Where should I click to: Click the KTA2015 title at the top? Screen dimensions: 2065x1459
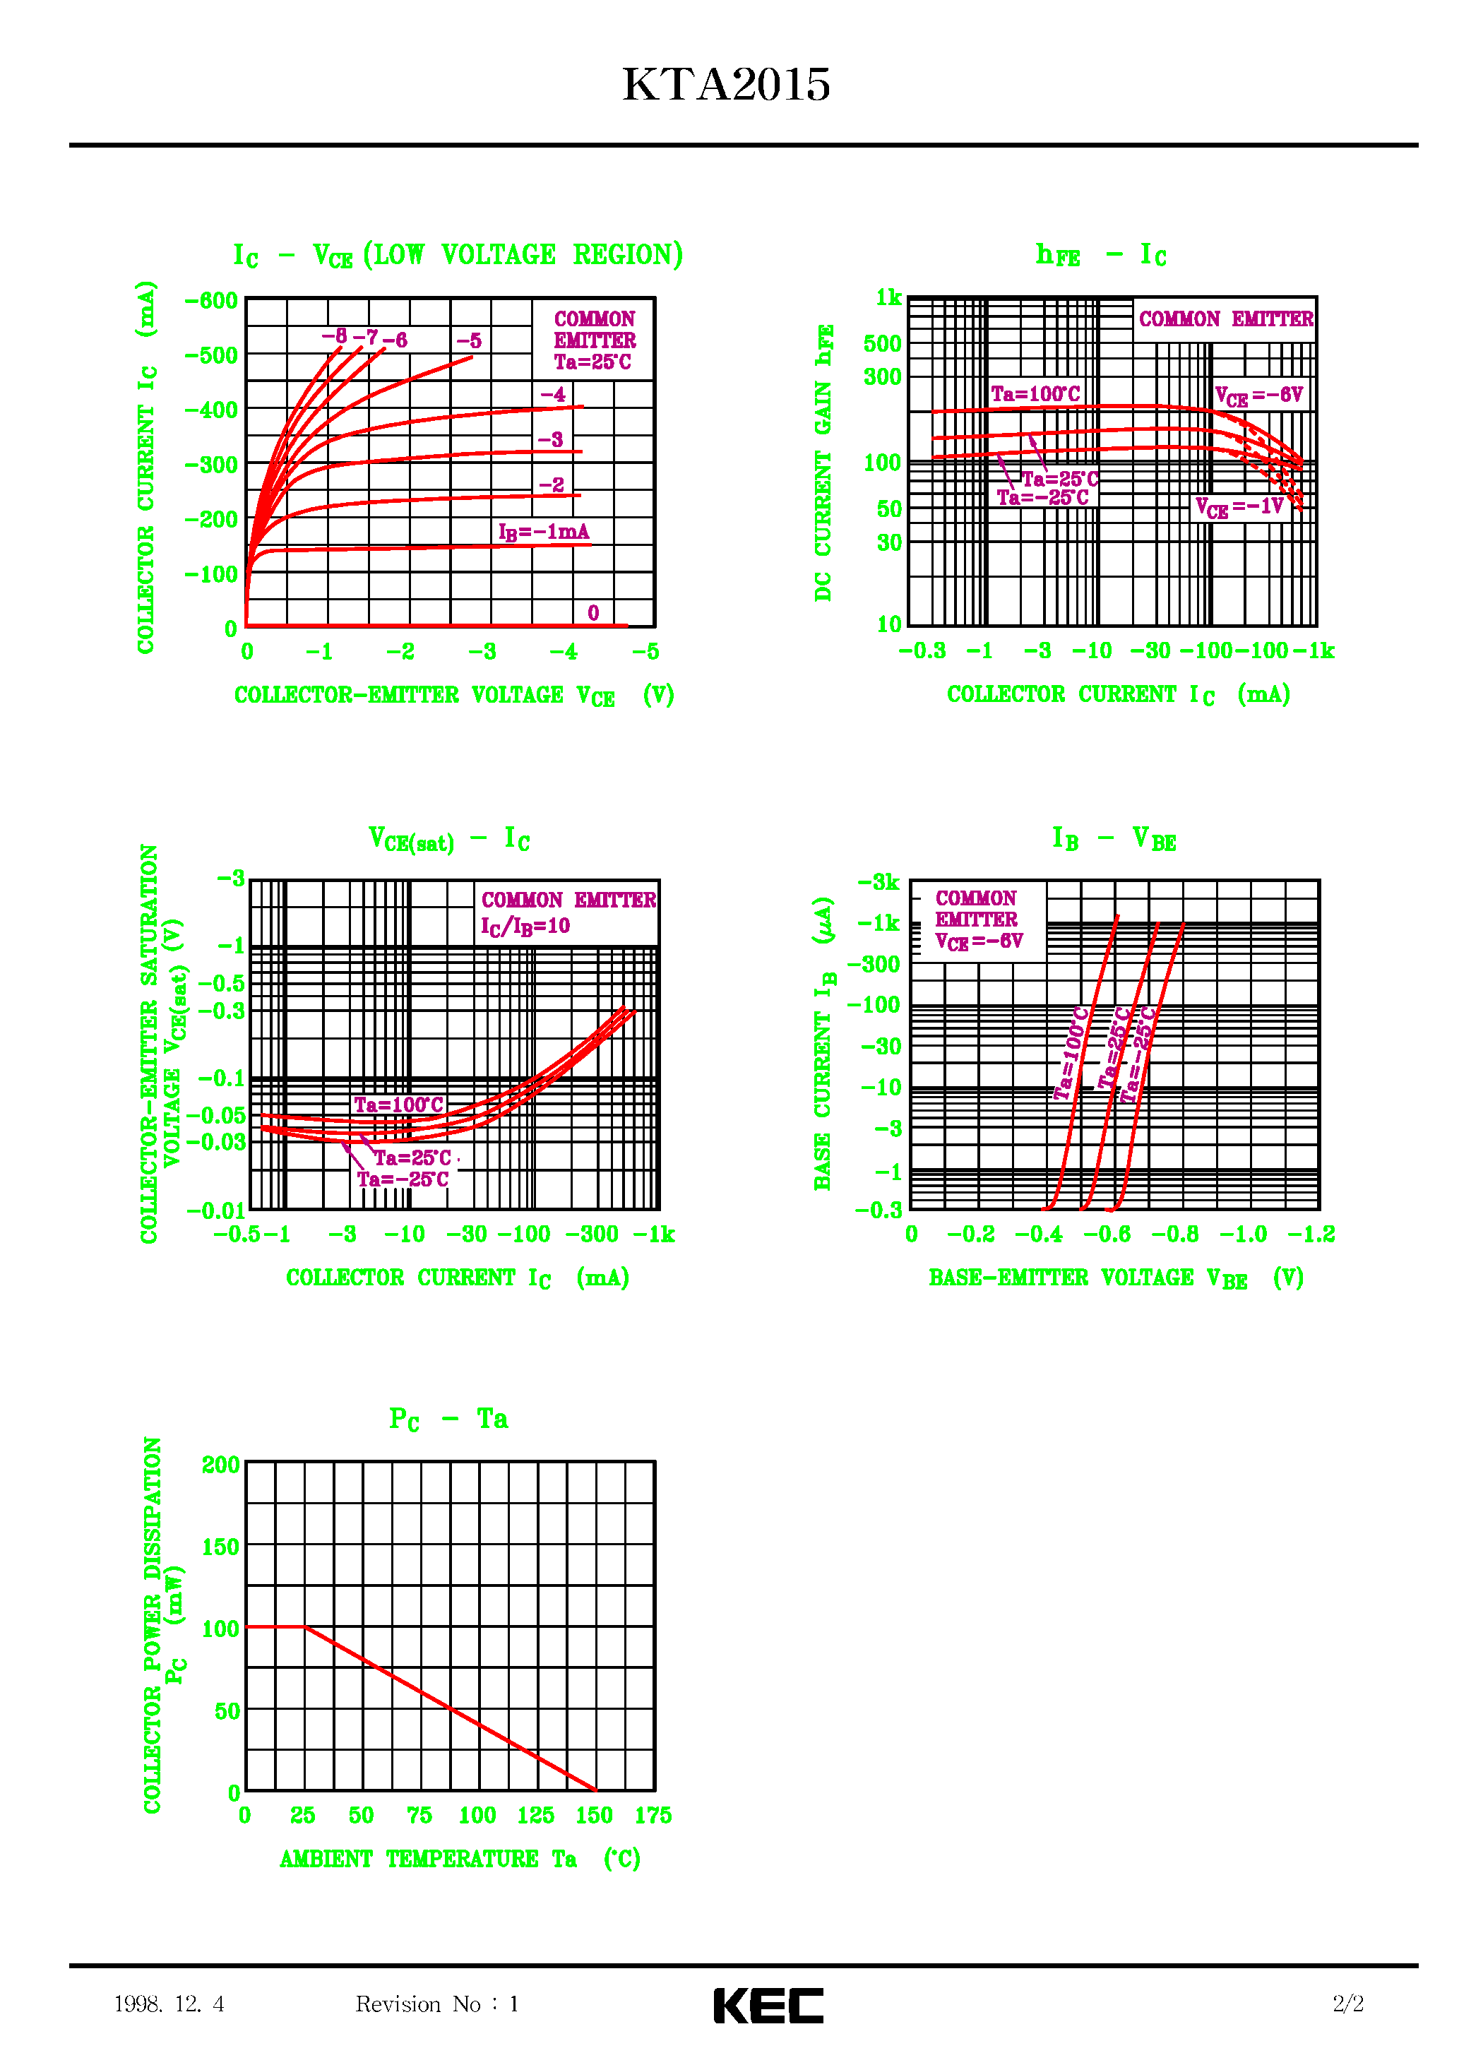726,85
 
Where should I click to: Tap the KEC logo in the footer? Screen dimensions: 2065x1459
768,2005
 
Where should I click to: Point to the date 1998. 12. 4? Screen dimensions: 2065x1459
168,2004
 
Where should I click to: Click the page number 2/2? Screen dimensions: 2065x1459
1347,2003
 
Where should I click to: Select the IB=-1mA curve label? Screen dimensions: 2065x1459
543,532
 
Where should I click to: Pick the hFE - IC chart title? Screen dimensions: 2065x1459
1100,256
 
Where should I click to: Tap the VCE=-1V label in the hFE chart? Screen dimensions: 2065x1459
1239,507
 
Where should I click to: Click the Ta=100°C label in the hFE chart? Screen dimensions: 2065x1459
1035,394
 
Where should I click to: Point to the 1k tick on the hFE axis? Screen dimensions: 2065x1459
888,298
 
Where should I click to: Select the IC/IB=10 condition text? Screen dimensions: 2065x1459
525,927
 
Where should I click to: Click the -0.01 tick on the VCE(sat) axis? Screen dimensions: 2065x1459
216,1210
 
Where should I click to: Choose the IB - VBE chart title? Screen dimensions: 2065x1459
1114,839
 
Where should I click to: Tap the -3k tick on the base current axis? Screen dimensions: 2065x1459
878,882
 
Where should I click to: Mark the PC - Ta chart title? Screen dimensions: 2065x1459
448,1420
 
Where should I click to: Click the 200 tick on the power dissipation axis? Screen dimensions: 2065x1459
220,1465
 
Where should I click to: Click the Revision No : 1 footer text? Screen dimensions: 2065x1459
437,2004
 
